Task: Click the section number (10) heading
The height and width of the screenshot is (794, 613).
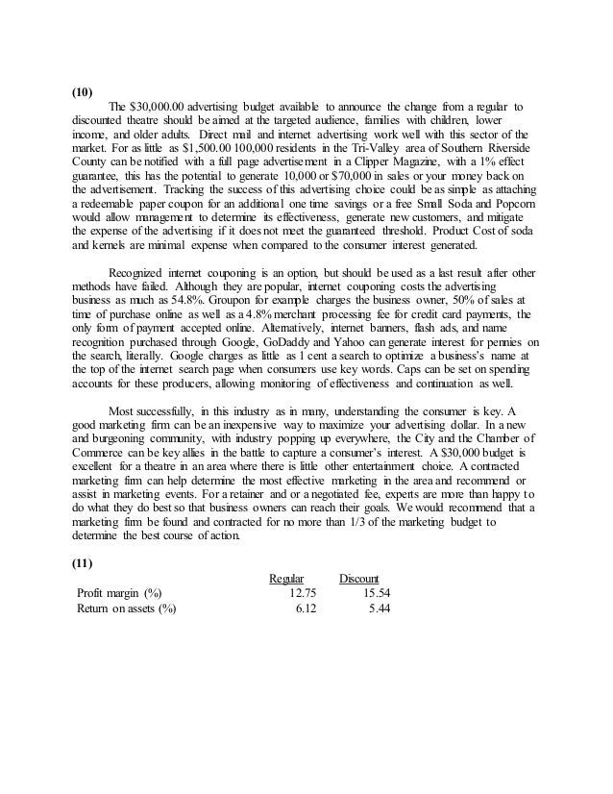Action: click(83, 93)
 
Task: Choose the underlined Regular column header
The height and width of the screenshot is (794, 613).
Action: click(286, 578)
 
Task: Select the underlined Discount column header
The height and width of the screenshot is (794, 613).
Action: click(360, 578)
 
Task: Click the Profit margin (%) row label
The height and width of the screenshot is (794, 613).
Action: click(118, 592)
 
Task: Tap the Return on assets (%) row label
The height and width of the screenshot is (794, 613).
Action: click(127, 608)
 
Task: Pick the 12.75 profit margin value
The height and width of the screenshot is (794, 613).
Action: click(303, 592)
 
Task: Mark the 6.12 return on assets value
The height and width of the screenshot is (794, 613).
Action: click(306, 608)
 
